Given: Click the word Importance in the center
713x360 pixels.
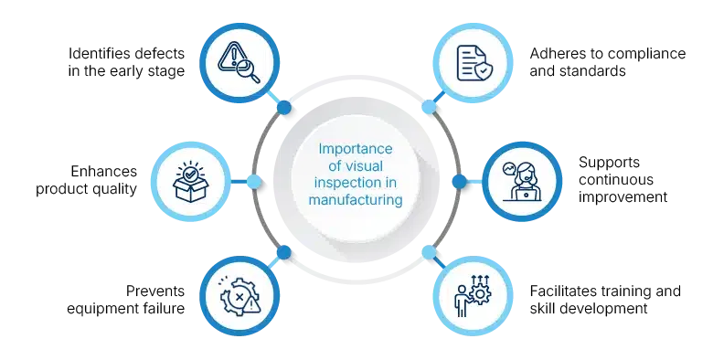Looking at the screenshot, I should [x=356, y=148].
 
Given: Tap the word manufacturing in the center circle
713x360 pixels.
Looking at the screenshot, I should [x=356, y=198].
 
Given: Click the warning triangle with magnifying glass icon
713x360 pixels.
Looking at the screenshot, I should [x=239, y=61].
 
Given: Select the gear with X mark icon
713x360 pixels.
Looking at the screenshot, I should [x=239, y=297].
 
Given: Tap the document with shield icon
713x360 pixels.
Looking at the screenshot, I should [x=473, y=61].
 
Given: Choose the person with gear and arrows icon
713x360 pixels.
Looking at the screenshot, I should [x=474, y=297].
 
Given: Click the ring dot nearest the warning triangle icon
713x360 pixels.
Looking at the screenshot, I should [x=284, y=108].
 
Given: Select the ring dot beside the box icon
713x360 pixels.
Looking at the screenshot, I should [x=255, y=182].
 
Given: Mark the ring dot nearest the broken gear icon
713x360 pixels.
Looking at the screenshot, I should [x=284, y=250].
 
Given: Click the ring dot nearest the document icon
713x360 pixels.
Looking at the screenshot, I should [x=428, y=106].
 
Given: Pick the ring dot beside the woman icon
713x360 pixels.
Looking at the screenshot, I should [x=458, y=181].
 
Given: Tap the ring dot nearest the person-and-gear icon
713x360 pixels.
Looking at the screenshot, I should [x=429, y=251].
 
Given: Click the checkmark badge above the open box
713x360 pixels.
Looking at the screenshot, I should [x=191, y=171].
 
